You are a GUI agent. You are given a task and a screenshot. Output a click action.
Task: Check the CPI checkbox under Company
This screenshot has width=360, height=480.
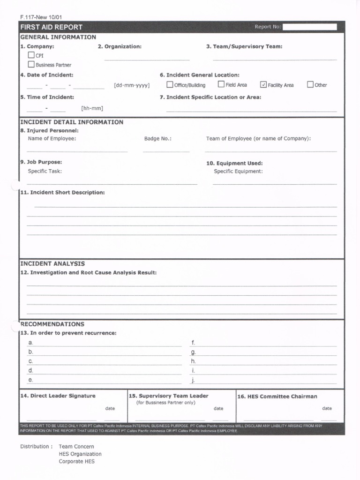point(31,55)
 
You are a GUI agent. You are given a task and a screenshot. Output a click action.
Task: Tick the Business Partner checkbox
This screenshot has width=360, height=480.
point(31,65)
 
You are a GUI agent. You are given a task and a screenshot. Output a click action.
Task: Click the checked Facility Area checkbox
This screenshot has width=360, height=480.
point(263,85)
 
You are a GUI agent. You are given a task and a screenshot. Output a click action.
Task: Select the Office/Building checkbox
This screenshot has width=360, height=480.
point(170,85)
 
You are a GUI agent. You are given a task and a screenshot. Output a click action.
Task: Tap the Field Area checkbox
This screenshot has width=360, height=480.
point(221,85)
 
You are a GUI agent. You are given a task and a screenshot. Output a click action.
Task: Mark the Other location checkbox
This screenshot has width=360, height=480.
point(310,85)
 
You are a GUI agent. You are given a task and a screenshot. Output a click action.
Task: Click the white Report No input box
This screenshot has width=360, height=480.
point(309,27)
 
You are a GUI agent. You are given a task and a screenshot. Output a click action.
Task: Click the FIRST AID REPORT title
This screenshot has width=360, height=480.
point(51,27)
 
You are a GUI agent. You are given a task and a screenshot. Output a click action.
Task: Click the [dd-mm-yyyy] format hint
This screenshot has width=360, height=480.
point(132,85)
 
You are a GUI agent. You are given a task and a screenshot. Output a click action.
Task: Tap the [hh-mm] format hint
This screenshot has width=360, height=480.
point(92,108)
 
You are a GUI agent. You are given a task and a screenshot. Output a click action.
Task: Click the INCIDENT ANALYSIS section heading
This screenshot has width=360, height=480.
point(52,264)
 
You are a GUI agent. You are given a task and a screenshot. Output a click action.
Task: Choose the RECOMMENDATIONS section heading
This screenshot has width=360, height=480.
point(52,324)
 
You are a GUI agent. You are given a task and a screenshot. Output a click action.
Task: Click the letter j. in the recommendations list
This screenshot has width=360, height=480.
point(193,380)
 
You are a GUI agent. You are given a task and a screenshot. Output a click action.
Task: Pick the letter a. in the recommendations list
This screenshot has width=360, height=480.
point(30,343)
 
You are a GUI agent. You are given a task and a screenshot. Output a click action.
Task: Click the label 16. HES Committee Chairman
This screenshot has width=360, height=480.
point(277,397)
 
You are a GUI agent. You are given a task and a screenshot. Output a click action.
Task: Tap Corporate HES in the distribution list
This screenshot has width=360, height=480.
point(76,462)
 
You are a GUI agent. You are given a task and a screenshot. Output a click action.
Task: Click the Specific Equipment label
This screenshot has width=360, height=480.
point(238,172)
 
